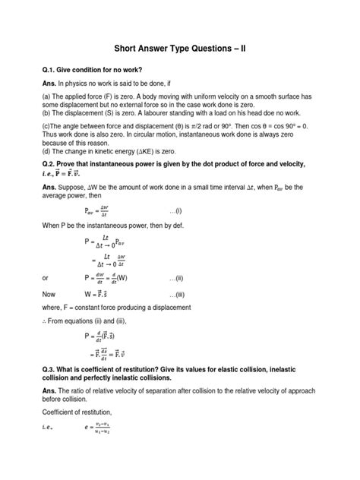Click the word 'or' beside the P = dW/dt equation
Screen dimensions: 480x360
pyautogui.click(x=47, y=277)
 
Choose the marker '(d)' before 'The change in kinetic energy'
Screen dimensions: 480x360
pyautogui.click(x=48, y=154)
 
